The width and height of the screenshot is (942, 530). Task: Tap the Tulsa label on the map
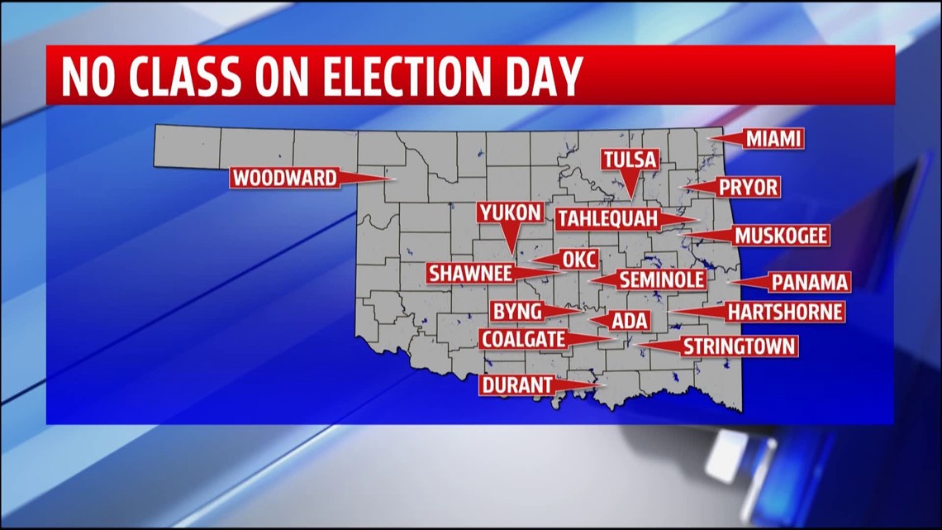tap(630, 160)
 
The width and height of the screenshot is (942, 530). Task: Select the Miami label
tap(773, 139)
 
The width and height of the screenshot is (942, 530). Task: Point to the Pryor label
tap(748, 188)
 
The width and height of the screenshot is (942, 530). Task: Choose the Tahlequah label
tap(607, 219)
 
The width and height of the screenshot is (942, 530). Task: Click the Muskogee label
tap(781, 236)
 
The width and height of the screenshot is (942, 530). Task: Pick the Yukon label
tap(510, 213)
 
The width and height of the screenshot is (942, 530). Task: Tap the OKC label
tap(579, 260)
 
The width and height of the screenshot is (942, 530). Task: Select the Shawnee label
tap(469, 274)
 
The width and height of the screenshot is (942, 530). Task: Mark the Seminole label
tap(661, 280)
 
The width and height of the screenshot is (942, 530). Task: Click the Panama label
tap(810, 283)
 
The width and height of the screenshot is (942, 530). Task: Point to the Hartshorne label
tap(785, 312)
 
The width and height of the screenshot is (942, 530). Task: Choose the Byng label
tap(516, 312)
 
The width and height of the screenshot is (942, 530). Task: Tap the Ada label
tap(630, 322)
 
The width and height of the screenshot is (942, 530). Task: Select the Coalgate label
tap(524, 339)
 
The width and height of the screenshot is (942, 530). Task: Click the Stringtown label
tap(739, 346)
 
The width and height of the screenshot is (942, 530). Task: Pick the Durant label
tap(516, 385)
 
